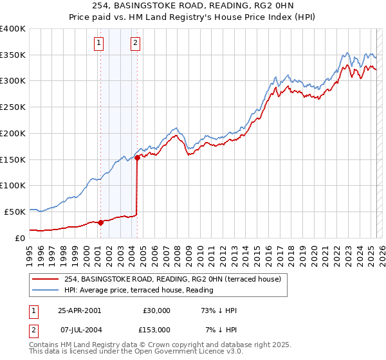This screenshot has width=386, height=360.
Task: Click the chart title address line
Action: [x=193, y=6]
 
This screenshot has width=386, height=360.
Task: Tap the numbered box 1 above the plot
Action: [x=100, y=44]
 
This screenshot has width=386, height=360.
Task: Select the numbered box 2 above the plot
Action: [x=136, y=44]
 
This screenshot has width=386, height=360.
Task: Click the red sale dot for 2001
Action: [x=100, y=222]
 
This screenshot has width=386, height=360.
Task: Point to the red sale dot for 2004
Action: [x=137, y=158]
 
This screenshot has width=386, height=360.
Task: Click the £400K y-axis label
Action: [x=13, y=29]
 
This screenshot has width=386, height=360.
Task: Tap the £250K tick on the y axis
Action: [x=13, y=107]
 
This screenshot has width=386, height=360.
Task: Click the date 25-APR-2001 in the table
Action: [x=79, y=310]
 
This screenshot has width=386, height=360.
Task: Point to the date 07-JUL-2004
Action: [x=79, y=330]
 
